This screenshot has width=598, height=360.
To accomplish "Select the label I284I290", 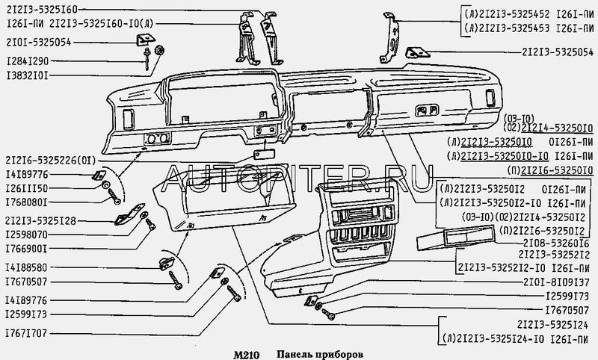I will coord(28,60).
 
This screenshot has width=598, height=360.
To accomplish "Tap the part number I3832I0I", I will coord(28,77).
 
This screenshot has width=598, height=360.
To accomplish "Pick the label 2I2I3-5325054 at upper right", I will coord(557,52).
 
